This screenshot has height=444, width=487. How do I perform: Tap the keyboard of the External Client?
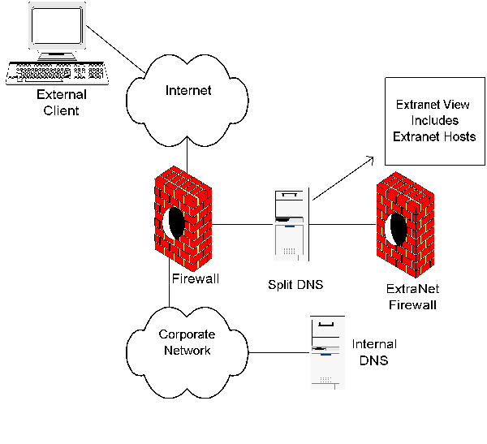(x=57, y=72)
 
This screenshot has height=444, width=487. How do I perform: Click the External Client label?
(x=61, y=102)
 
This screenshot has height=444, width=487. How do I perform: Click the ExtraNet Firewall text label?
(x=412, y=298)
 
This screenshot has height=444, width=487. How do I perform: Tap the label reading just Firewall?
(x=196, y=279)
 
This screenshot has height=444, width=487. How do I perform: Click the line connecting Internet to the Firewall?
(x=187, y=154)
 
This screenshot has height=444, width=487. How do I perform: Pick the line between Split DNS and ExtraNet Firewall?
(x=341, y=225)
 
